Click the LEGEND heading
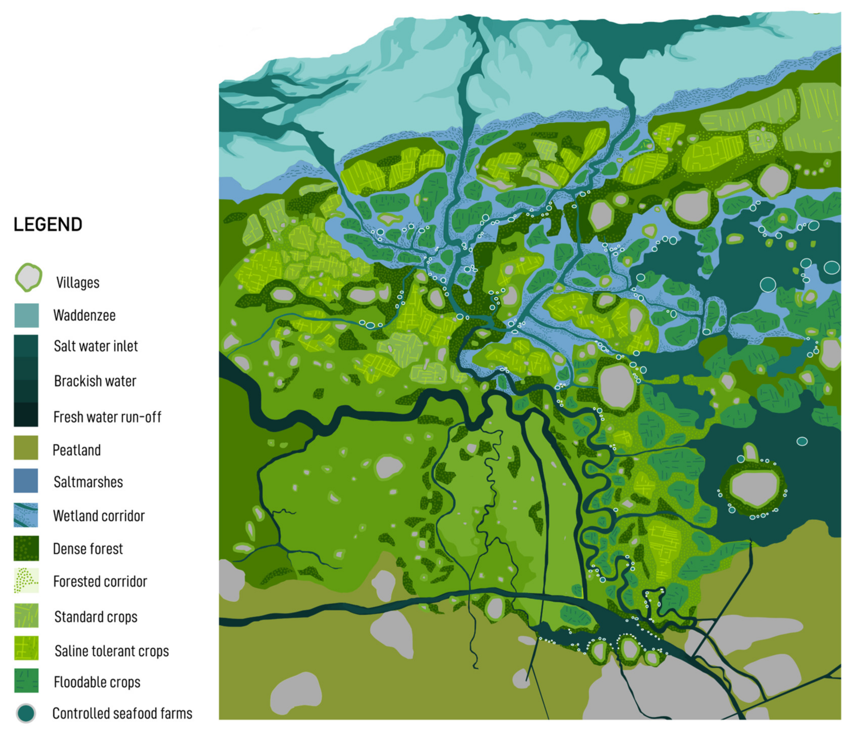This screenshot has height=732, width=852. point(48,225)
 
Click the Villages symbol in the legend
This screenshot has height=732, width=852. point(28,277)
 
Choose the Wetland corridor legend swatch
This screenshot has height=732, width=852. point(26,515)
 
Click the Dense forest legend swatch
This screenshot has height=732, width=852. point(26,548)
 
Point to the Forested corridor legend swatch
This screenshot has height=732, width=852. point(26,581)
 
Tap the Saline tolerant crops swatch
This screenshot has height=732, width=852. point(26,648)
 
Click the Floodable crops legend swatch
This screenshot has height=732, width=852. point(26,681)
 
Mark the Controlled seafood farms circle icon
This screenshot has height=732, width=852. point(26,713)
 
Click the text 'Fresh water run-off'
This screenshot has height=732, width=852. point(107,417)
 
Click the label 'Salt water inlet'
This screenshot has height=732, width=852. point(96,346)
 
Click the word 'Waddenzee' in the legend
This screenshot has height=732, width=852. point(84,316)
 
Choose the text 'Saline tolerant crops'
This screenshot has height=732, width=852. point(112,651)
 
